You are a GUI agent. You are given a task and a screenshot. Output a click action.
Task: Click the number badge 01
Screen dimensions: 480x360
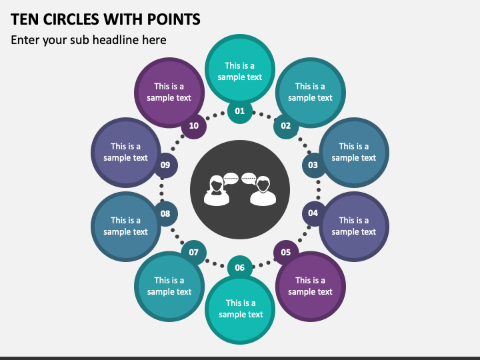pos(240,111)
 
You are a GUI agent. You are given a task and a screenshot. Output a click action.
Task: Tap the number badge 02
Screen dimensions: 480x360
pos(285,126)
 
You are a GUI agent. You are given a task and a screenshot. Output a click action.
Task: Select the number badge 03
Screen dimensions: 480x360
pos(313,165)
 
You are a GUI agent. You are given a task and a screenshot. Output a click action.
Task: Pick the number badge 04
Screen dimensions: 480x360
pos(313,213)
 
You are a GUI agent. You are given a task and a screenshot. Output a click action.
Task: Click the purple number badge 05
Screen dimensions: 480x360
pos(285,252)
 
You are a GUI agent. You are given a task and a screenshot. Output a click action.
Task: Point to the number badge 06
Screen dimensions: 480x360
pos(240,267)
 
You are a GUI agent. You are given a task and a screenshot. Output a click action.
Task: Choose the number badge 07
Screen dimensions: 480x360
pos(194,252)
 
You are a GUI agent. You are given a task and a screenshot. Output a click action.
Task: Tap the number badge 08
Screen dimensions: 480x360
pos(165,213)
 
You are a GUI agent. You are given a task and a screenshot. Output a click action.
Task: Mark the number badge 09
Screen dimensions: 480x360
pos(165,165)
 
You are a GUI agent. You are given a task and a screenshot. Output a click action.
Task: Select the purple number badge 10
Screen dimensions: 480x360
pos(194,126)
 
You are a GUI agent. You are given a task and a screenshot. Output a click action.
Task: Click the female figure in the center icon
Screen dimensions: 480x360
pos(217,191)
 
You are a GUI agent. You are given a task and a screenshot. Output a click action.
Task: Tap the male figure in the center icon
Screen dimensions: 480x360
pos(263,191)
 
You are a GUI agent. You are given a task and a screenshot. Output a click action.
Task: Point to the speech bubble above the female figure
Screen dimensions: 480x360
pos(231,179)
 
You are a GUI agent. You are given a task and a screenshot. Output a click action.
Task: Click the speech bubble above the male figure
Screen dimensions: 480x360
pos(249,179)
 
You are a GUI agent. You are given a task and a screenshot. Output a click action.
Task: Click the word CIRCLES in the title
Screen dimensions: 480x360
pos(71,19)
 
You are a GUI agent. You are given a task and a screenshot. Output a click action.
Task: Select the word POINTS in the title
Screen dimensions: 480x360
pos(174,19)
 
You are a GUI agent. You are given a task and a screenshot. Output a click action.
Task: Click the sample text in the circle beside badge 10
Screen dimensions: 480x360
pos(169,92)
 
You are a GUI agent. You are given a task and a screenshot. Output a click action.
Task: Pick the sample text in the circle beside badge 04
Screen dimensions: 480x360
pos(354,226)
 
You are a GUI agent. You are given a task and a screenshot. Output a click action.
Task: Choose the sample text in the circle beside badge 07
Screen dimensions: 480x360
pos(169,286)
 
